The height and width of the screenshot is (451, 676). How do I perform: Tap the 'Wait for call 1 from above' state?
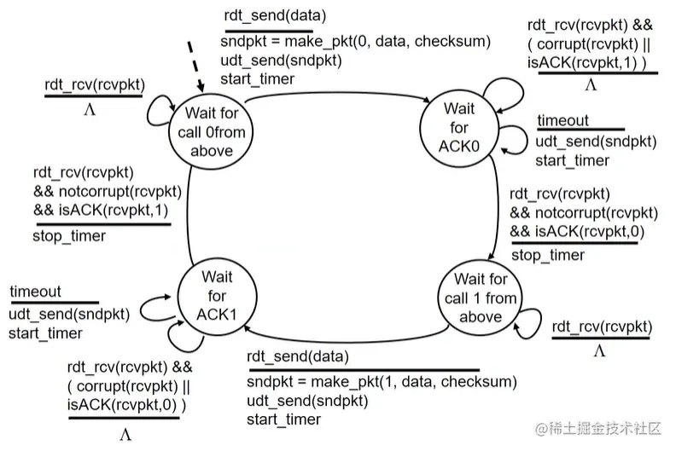[x=481, y=298]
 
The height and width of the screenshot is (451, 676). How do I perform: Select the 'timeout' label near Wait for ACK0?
[x=562, y=122]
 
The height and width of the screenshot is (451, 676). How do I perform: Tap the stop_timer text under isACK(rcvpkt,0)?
[x=547, y=255]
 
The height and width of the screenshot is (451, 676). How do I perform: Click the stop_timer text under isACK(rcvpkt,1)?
[x=69, y=235]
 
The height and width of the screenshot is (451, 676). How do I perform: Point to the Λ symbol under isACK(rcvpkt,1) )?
[x=590, y=85]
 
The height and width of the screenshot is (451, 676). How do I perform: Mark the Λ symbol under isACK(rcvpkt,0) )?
[x=125, y=435]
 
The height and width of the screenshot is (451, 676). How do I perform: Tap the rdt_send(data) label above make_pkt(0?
[x=267, y=16]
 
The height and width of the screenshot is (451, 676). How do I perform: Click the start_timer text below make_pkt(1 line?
[x=284, y=419]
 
